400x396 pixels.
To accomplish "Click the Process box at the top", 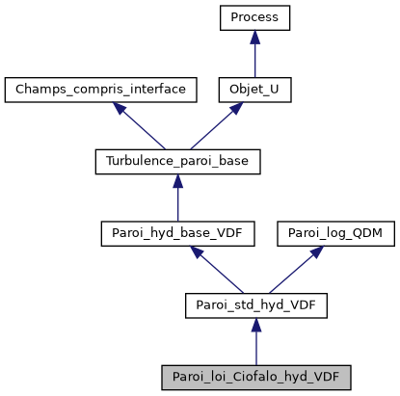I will point(254,17).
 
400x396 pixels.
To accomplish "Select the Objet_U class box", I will point(254,90).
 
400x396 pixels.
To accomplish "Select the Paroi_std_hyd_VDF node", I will point(254,305).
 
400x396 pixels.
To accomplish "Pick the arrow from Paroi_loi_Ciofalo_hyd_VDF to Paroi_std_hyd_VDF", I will point(254,343).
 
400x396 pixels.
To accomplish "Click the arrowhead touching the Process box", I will point(254,37).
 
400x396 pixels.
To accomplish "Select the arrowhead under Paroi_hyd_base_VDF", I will point(198,252).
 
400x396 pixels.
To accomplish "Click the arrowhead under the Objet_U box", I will point(234,109).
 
